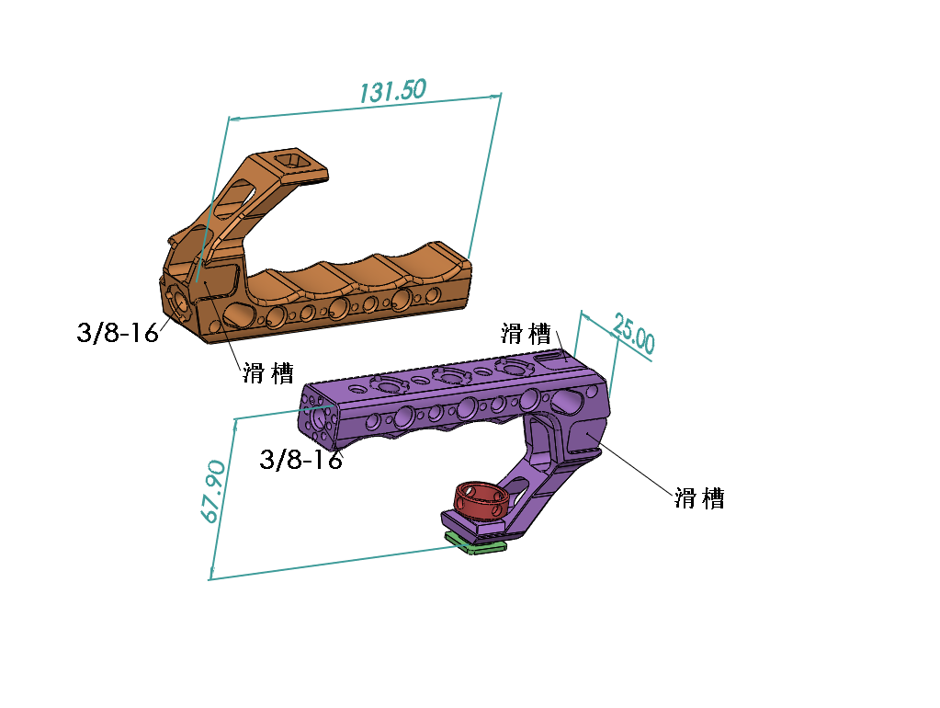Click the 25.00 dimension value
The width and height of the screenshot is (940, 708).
point(634,336)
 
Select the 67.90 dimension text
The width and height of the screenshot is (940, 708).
point(213,492)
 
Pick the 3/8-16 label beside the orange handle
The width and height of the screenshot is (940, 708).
point(118,332)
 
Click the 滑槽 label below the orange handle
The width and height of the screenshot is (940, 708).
point(268,372)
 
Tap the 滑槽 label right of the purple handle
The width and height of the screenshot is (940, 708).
point(699,497)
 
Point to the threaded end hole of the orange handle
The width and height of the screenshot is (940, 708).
point(177,301)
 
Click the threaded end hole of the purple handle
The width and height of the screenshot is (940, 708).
point(321,417)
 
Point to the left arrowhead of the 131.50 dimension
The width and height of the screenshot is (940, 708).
point(232,119)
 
